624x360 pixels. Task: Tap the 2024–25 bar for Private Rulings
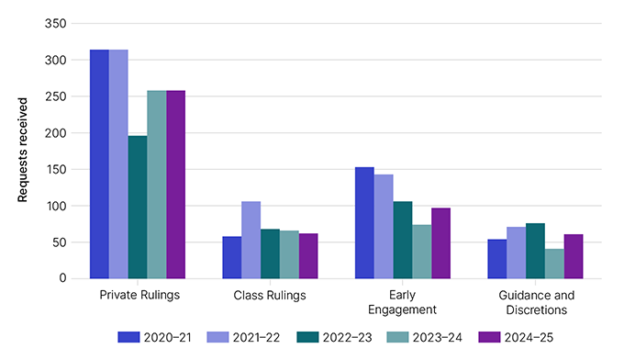pyautogui.click(x=176, y=184)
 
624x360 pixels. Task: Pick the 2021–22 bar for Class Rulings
pyautogui.click(x=251, y=240)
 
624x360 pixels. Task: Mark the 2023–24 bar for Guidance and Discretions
pyautogui.click(x=554, y=264)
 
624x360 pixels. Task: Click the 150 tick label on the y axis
pyautogui.click(x=57, y=170)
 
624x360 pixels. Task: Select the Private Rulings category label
pyautogui.click(x=139, y=296)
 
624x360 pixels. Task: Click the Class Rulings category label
pyautogui.click(x=270, y=296)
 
